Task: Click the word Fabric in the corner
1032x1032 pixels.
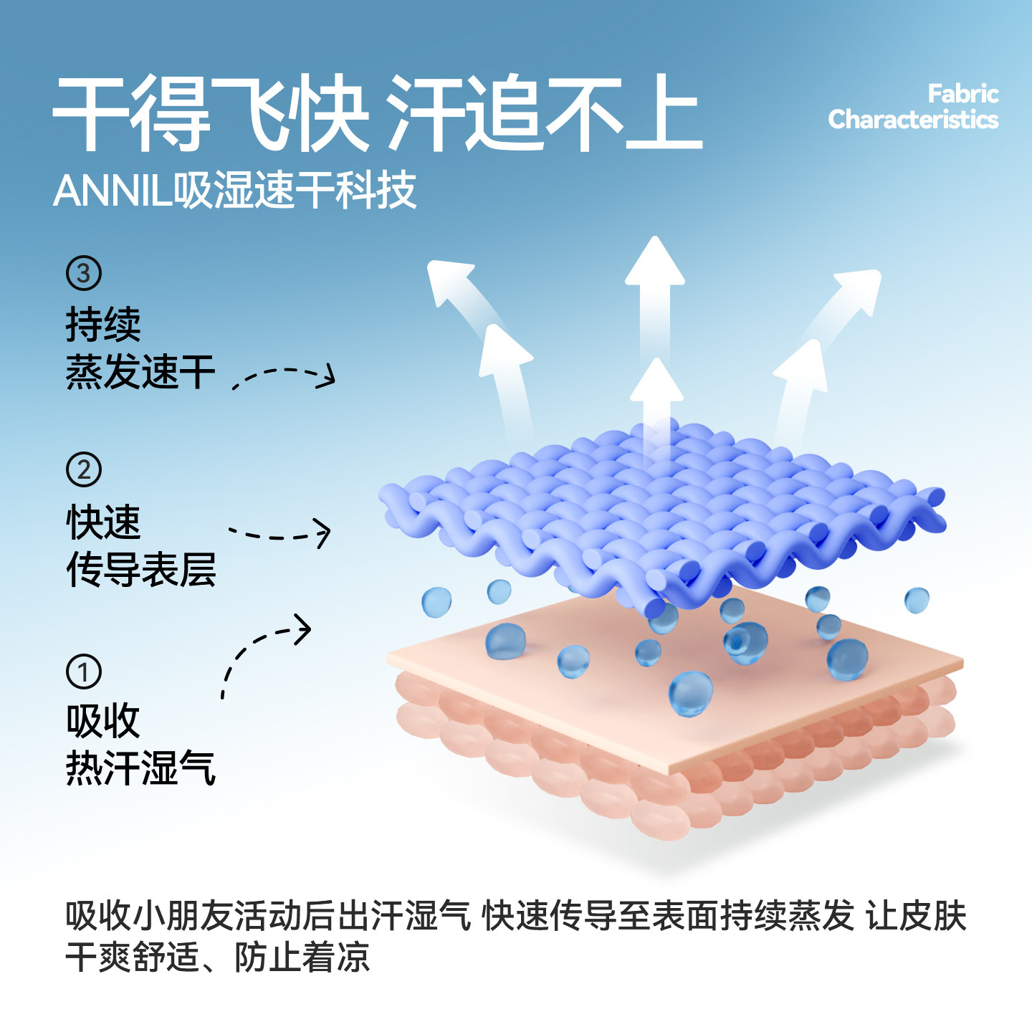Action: coord(962,94)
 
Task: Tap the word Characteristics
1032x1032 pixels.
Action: coord(913,120)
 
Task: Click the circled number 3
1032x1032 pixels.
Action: coord(84,273)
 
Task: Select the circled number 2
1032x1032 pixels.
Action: coord(84,470)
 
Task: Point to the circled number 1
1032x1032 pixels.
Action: coord(84,672)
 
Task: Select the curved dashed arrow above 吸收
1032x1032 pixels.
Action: coord(262,649)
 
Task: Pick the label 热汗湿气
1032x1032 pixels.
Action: coord(140,768)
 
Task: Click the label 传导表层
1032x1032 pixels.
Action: coord(140,570)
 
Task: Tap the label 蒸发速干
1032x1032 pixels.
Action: coord(140,372)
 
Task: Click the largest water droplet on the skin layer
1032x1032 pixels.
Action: coord(691,693)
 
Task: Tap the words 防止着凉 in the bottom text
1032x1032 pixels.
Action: coord(302,957)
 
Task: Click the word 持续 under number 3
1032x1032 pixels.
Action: coord(103,325)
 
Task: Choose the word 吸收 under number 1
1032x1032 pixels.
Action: coord(103,721)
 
